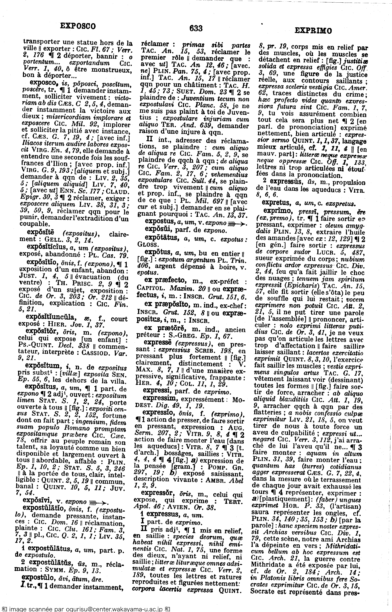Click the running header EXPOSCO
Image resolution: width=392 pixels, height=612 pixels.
point(78,26)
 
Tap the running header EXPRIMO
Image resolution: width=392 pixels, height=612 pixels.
point(313,31)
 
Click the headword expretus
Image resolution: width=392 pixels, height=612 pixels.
point(277,203)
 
